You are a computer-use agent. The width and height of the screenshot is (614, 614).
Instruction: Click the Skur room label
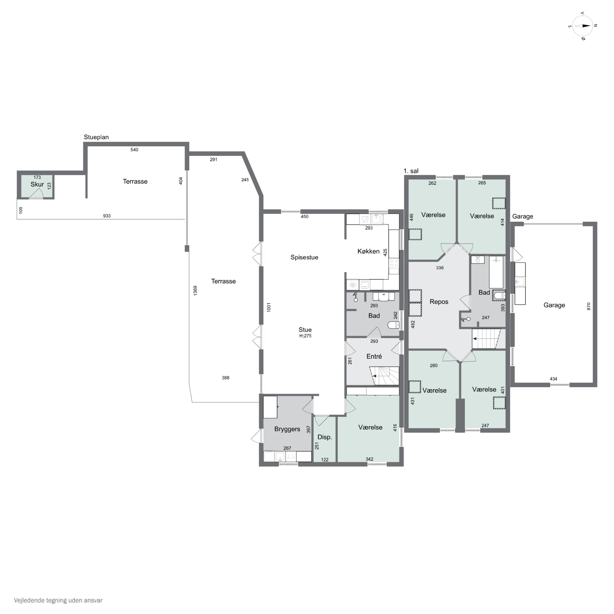click(x=37, y=184)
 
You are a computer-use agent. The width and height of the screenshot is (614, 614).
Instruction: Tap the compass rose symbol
click(x=582, y=26)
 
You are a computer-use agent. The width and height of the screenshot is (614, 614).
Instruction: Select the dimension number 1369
click(x=195, y=290)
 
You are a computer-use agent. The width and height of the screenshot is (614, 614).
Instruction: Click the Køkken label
click(x=368, y=251)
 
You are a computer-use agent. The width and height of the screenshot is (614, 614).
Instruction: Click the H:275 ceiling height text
click(x=305, y=336)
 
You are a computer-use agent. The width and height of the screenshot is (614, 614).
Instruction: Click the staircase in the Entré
click(x=385, y=376)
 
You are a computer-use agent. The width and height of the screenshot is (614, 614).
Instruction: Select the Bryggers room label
click(x=287, y=429)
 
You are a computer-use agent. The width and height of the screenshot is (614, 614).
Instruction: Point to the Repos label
click(x=439, y=302)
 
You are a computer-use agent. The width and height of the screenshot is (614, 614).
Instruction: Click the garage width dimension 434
click(x=553, y=379)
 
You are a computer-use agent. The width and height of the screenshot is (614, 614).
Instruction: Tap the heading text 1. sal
click(x=411, y=171)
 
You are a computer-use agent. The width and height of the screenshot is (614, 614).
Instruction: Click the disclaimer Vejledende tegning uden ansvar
click(x=58, y=600)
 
